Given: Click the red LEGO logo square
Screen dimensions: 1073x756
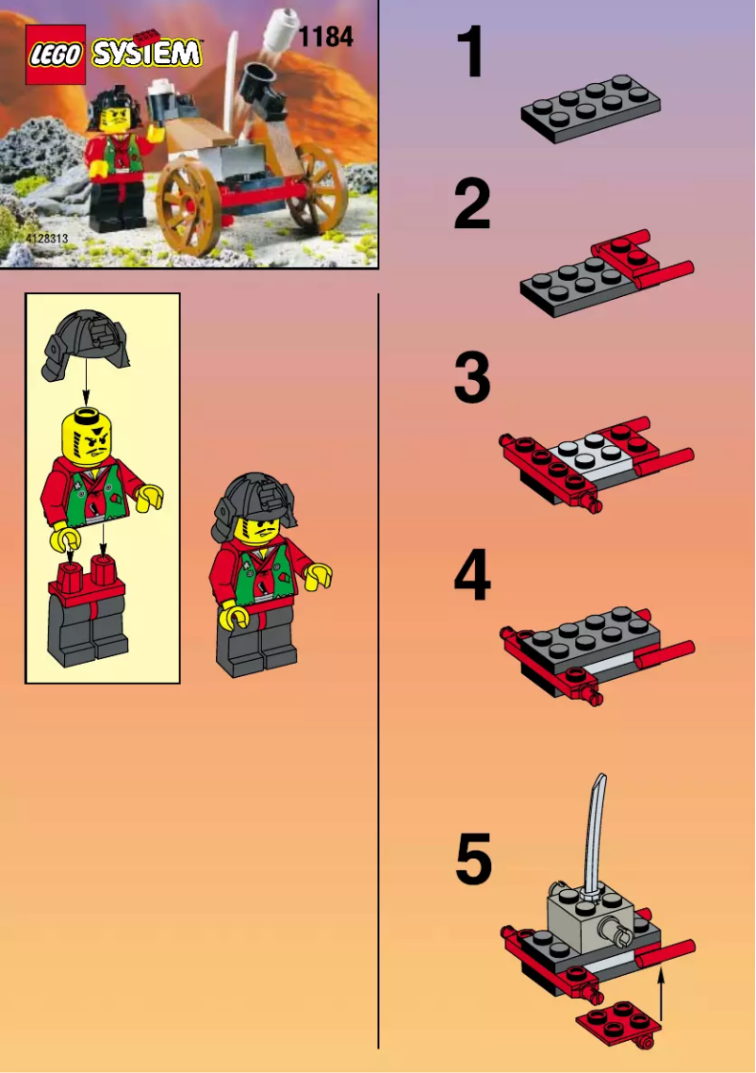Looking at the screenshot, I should [x=56, y=55].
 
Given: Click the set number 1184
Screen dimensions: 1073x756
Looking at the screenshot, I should [x=325, y=37].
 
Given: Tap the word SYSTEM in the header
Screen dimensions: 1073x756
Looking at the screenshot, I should [x=147, y=53].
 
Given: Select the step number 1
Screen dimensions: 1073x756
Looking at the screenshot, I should [x=470, y=53].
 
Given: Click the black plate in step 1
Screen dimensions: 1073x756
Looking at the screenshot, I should [x=590, y=108].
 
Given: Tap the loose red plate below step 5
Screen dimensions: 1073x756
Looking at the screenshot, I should [x=616, y=1023].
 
